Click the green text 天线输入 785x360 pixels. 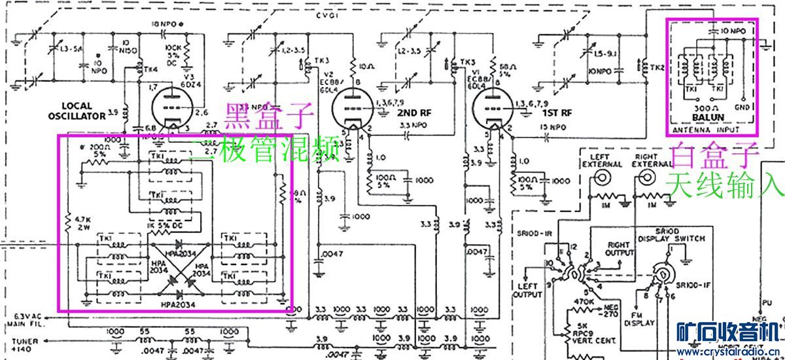(725, 185)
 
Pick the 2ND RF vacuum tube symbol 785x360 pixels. (351, 107)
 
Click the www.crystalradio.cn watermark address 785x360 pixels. (729, 352)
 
